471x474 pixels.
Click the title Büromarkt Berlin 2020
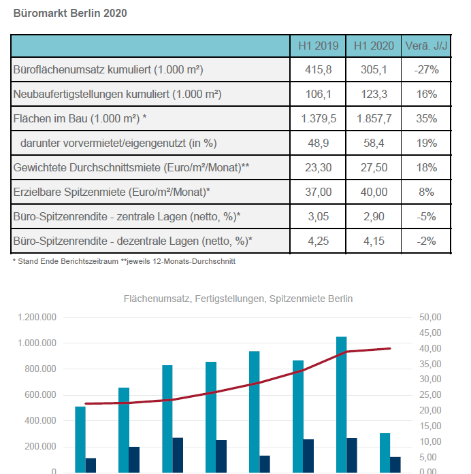pyautogui.click(x=70, y=14)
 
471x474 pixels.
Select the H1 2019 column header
pyautogui.click(x=319, y=46)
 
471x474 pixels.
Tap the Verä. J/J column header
pyautogui.click(x=426, y=46)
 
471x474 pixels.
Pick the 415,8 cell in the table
pyautogui.click(x=319, y=69)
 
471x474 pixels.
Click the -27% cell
pyautogui.click(x=426, y=69)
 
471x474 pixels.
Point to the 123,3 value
pyautogui.click(x=374, y=94)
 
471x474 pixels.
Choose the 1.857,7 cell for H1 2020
pyautogui.click(x=374, y=118)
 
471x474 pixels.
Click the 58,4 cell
pyautogui.click(x=374, y=143)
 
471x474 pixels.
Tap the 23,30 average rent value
pyautogui.click(x=319, y=167)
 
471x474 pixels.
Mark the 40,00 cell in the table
pyautogui.click(x=374, y=192)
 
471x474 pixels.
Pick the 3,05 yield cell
pyautogui.click(x=319, y=216)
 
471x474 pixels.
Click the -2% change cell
pyautogui.click(x=426, y=241)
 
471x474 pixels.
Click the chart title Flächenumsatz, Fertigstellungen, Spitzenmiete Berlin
pyautogui.click(x=238, y=299)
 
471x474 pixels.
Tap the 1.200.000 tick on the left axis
pyautogui.click(x=37, y=317)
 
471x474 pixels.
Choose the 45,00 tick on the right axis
pyautogui.click(x=430, y=333)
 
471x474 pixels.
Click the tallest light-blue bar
pyautogui.click(x=342, y=405)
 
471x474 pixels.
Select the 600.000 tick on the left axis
pyautogui.click(x=40, y=395)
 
